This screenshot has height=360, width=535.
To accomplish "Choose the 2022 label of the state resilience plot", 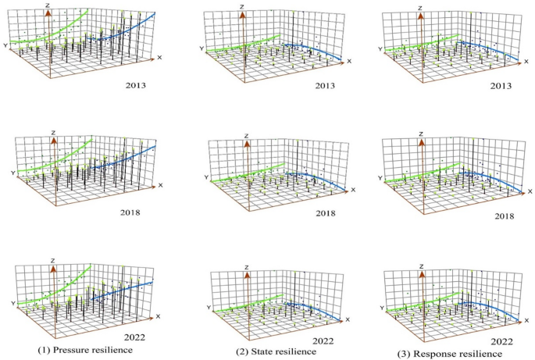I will pos(323,340).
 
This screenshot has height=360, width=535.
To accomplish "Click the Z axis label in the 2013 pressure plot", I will pos(48,6).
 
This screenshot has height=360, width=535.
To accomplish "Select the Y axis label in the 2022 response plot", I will pos(381,308).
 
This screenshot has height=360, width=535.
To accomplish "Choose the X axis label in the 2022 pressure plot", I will pos(159,315).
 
